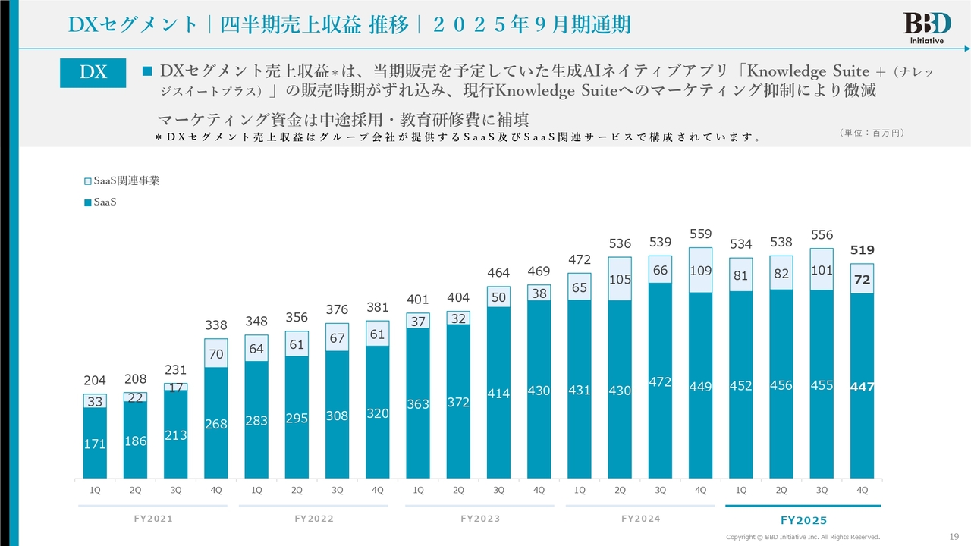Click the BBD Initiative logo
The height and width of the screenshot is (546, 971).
922,27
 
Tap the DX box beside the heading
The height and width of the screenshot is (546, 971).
93,72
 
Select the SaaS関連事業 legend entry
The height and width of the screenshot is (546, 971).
121,180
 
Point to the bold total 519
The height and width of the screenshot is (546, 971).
863,249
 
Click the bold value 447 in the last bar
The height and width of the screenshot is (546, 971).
863,387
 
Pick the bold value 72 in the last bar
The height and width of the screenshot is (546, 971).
863,280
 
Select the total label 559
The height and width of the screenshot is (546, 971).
701,234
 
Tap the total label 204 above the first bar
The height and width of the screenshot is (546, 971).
95,380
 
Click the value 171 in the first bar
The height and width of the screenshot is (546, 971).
95,444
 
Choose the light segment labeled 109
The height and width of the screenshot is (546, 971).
701,269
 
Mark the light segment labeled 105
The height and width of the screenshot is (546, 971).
620,279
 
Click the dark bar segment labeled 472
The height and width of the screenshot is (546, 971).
661,382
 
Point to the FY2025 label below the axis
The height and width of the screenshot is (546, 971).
803,520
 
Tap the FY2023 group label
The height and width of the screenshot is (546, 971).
480,519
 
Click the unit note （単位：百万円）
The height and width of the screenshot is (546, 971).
872,133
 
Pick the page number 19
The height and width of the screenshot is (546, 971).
954,537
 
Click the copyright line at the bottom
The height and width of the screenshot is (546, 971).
803,537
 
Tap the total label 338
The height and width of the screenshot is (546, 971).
216,325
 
